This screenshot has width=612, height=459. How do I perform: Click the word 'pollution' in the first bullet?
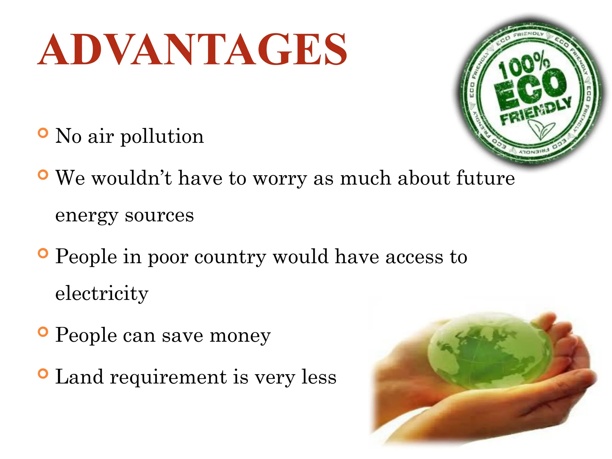[162, 137]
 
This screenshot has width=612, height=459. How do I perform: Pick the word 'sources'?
[159, 216]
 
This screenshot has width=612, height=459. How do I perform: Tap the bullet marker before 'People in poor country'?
[43, 253]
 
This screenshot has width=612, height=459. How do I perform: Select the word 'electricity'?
[102, 293]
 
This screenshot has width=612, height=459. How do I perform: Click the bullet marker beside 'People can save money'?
[43, 332]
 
